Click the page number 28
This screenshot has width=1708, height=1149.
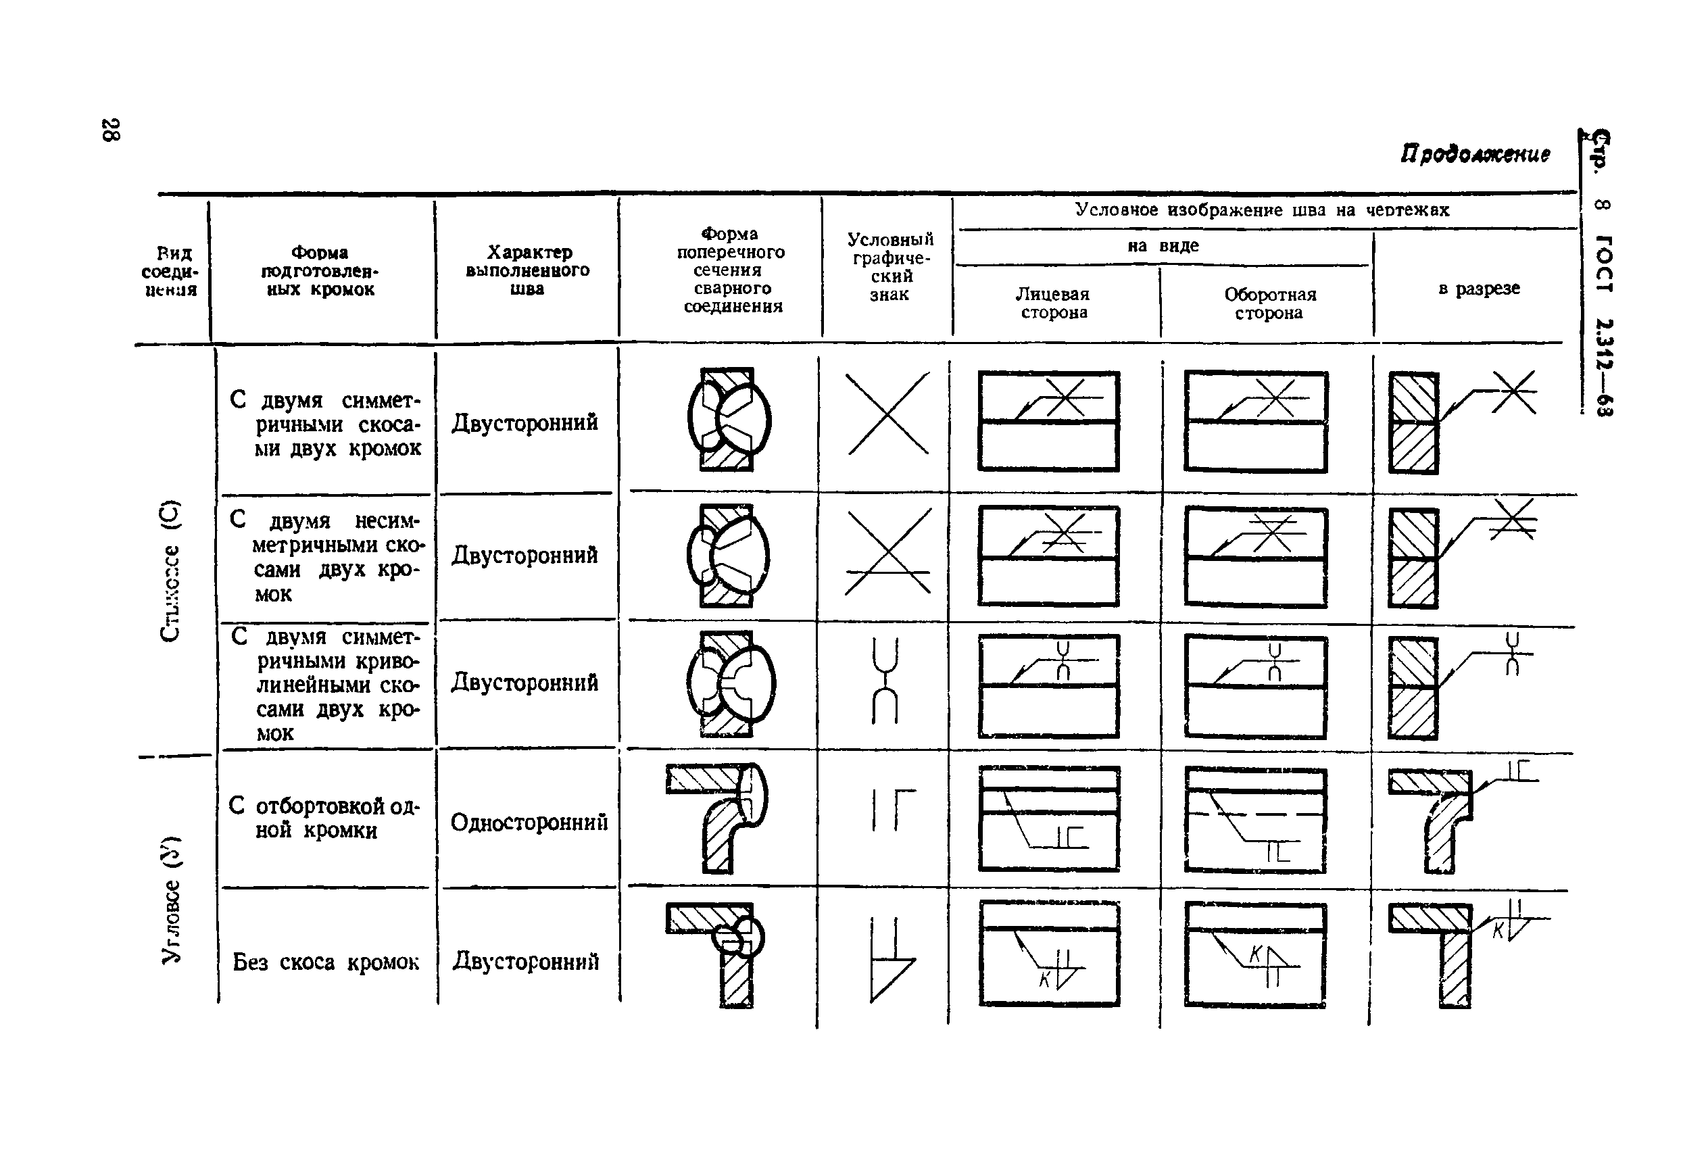coord(111,130)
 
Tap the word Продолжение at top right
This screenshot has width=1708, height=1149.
coord(1475,154)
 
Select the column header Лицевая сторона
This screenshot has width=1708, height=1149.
coord(1053,303)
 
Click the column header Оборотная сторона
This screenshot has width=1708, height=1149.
coord(1269,303)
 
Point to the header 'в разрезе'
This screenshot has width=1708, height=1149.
coord(1479,289)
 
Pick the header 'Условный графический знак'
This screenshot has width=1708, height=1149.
coord(890,267)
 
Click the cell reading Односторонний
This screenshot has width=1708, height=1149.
coord(529,822)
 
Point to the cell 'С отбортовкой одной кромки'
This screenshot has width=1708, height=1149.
coord(324,818)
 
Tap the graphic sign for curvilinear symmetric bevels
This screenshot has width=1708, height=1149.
coord(885,681)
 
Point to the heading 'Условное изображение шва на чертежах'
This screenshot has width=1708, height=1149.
coord(1262,210)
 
